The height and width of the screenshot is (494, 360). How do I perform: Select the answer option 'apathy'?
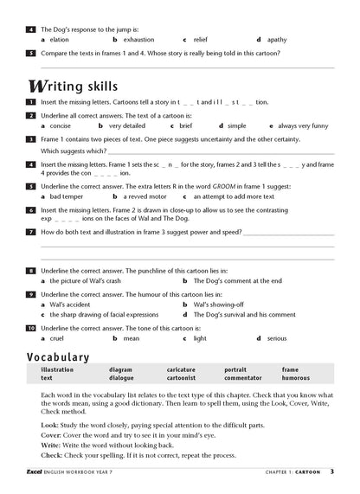(277, 41)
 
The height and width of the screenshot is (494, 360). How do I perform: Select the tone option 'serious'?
(277, 339)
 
